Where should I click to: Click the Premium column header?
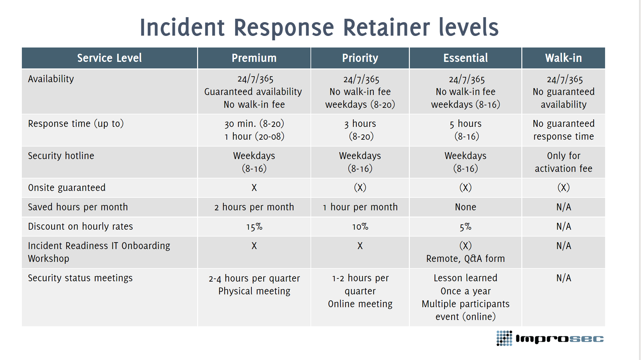pos(254,58)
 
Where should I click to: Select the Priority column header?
pos(360,58)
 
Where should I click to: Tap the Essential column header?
pos(465,58)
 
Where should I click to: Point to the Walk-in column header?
pos(563,58)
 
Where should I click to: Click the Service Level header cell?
pos(109,58)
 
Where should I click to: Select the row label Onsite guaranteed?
pos(67,187)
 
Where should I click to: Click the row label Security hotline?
pos(61,156)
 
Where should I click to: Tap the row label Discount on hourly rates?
pos(81,226)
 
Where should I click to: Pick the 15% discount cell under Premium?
pos(254,227)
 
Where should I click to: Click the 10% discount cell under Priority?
pos(360,227)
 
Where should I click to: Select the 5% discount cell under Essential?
pos(465,227)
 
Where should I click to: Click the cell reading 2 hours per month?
pos(254,207)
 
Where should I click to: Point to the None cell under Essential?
pos(465,207)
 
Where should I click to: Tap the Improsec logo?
pos(550,338)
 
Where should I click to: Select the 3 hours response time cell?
pos(360,130)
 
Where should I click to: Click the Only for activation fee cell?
pos(563,162)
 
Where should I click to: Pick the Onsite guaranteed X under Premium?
pos(254,187)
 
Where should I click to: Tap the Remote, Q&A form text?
pos(465,259)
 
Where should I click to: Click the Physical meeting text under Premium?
pos(254,291)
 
